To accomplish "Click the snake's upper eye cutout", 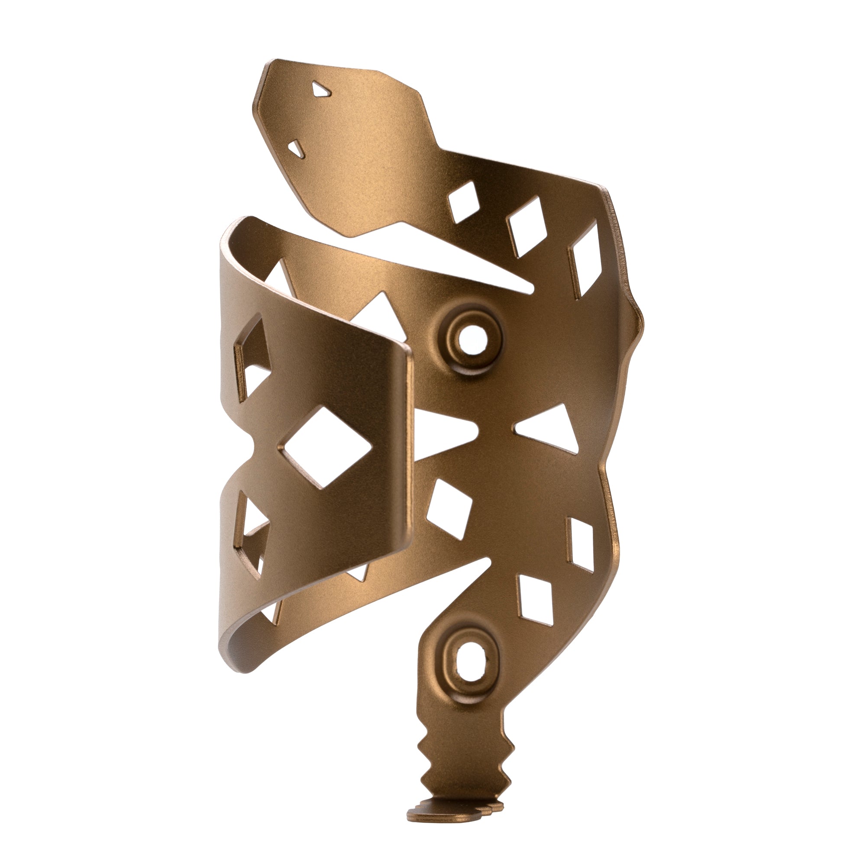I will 321,90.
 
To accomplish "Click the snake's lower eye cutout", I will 297,149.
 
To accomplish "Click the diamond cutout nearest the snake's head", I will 464,202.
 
